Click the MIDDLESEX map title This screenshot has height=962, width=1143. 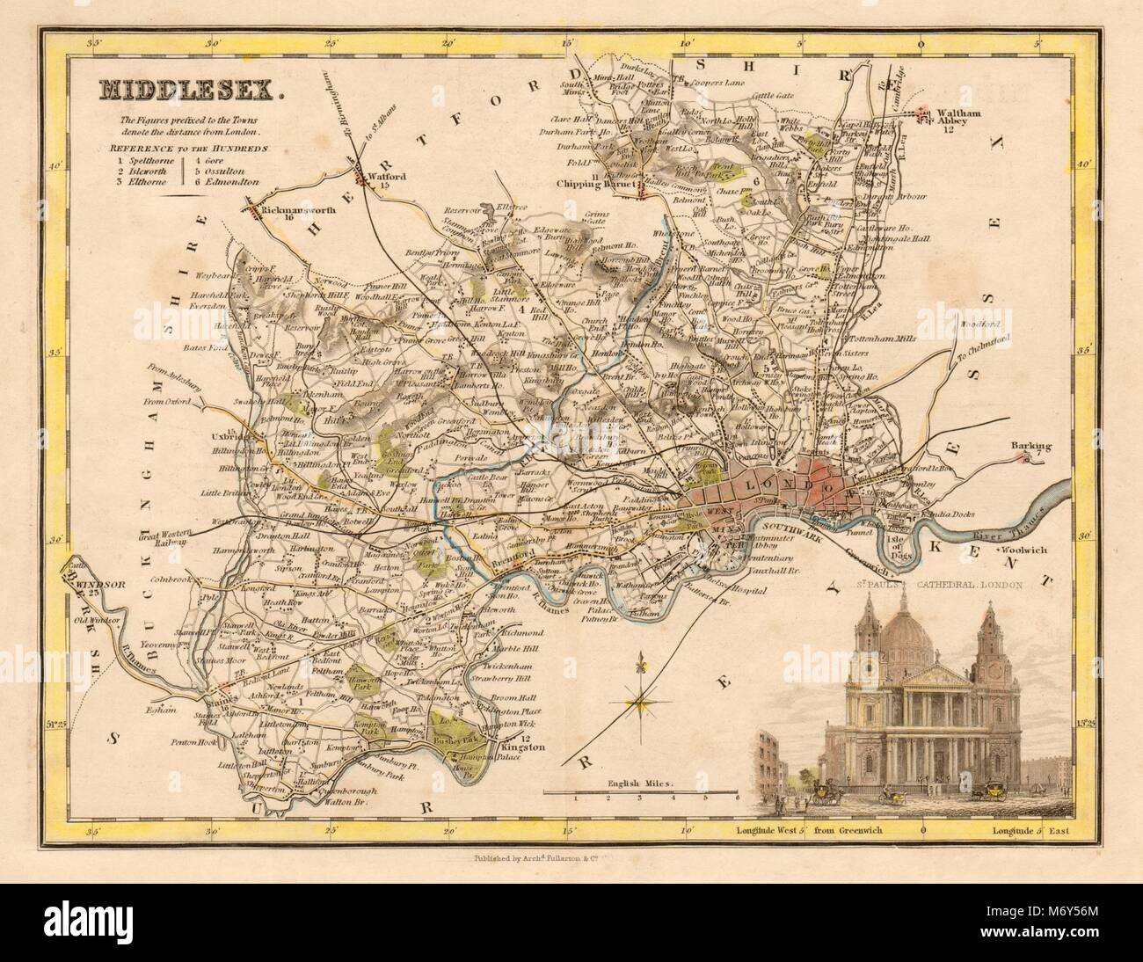[x=167, y=89]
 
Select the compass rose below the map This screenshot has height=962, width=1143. [x=642, y=701]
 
